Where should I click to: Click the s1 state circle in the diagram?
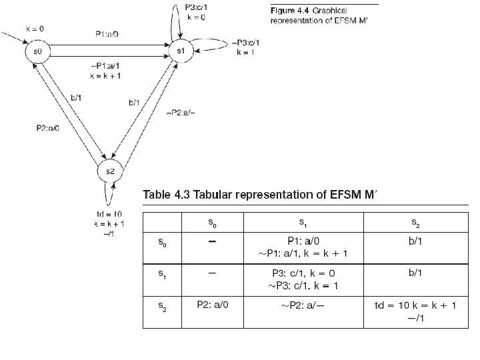pos(180,51)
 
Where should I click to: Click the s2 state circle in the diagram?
pos(111,171)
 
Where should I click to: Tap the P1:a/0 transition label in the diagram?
pos(108,33)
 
